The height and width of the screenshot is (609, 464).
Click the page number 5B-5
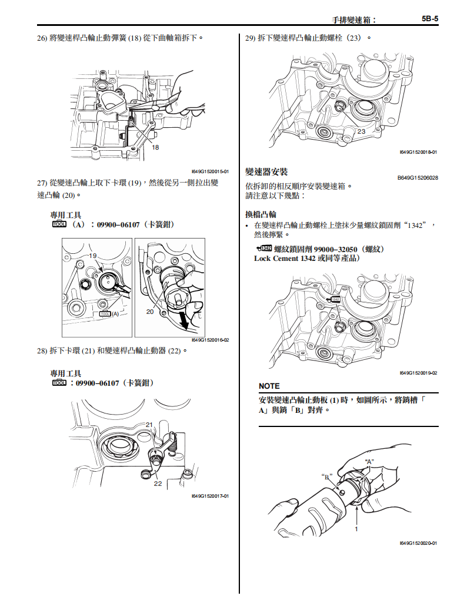430,19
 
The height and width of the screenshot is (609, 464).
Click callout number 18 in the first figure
155,147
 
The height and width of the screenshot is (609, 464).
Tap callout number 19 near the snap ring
93,256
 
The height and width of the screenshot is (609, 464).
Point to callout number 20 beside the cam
150,312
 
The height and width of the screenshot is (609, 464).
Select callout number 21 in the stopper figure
149,424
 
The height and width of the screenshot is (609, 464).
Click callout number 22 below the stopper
158,484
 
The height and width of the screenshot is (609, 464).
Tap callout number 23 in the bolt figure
361,131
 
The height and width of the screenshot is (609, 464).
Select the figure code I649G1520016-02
210,340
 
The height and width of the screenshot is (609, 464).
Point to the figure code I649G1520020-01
418,543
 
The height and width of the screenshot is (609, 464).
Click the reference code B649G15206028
418,178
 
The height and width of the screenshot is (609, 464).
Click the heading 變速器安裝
266,172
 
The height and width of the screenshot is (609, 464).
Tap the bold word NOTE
269,386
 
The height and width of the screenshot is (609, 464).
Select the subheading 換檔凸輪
261,214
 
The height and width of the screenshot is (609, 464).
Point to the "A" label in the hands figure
370,461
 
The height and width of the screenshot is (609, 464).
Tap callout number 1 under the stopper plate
356,529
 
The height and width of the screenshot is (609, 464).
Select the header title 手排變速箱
350,19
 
